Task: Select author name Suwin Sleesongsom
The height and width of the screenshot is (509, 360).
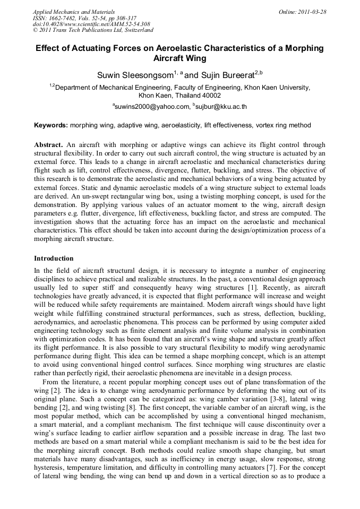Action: click(x=135, y=75)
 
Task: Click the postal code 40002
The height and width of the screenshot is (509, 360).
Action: click(x=208, y=96)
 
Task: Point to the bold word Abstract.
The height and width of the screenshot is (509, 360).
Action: click(x=49, y=145)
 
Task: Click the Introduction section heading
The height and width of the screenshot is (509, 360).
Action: click(x=54, y=258)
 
